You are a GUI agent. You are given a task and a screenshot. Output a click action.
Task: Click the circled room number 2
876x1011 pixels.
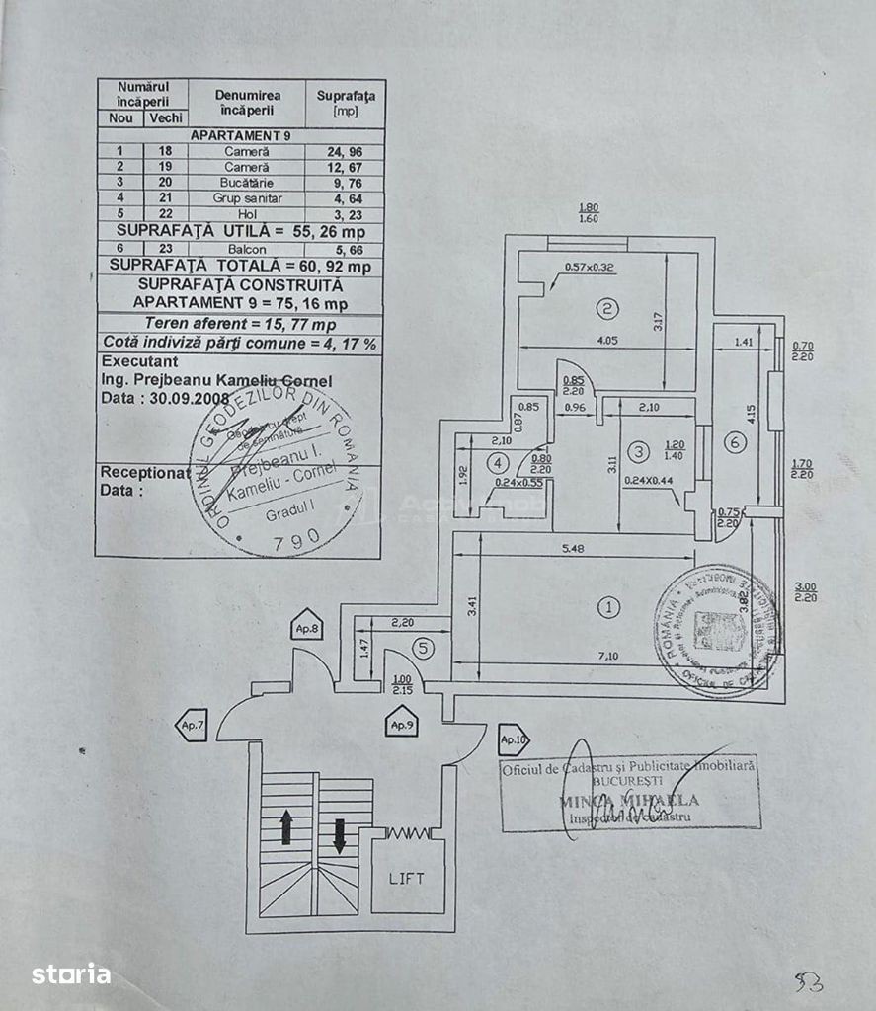[608, 309]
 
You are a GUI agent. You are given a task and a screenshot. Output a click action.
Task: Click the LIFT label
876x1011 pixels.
[407, 878]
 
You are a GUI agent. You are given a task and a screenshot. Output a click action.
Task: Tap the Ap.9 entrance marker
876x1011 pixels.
[401, 725]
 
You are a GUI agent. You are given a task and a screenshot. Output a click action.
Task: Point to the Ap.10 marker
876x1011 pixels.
[514, 738]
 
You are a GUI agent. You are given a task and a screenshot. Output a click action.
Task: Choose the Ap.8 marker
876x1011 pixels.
[305, 627]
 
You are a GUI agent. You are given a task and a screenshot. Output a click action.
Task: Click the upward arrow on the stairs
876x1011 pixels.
[286, 826]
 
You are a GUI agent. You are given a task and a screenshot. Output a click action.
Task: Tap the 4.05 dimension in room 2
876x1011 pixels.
[606, 341]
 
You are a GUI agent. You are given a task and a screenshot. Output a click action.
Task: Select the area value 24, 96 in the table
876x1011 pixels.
[345, 152]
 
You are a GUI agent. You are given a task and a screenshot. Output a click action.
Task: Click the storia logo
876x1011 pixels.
[70, 974]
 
